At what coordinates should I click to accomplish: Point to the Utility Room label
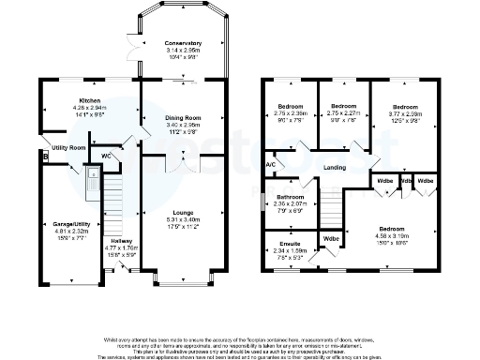pos(68,148)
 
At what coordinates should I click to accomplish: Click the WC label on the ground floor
pos(108,155)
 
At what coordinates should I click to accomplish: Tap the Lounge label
pos(182,213)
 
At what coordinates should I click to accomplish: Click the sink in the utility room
pos(92,174)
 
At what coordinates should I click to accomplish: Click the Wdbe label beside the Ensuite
pos(331,238)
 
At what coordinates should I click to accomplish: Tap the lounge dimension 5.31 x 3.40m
pos(182,219)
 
